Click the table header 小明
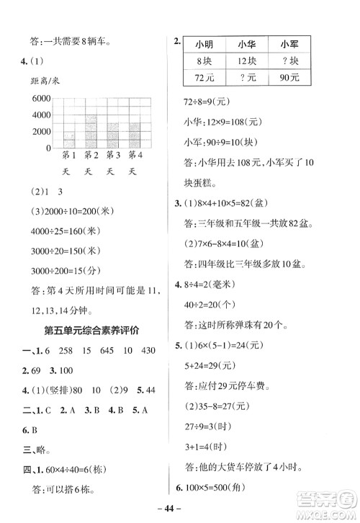coord(204,44)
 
